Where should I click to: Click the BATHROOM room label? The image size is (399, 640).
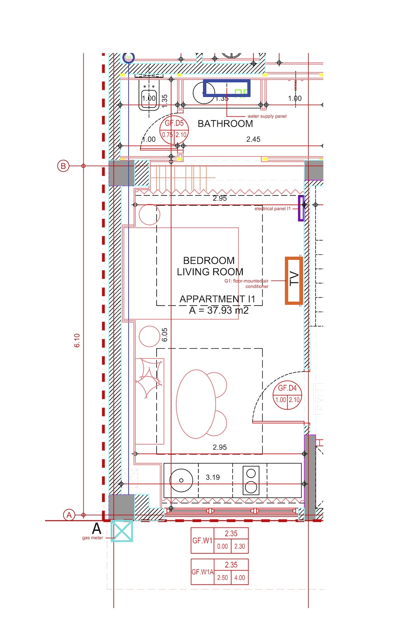pyautogui.click(x=225, y=124)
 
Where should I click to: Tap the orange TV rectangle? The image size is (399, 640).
pyautogui.click(x=294, y=281)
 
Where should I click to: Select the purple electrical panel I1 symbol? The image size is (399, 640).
pyautogui.click(x=301, y=208)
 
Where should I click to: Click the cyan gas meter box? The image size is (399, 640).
pyautogui.click(x=122, y=531)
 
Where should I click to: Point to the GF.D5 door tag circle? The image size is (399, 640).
pyautogui.click(x=174, y=130)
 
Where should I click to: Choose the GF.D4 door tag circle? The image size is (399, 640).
pyautogui.click(x=287, y=395)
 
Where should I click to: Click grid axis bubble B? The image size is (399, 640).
pyautogui.click(x=63, y=166)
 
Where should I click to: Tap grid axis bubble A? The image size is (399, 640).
pyautogui.click(x=69, y=515)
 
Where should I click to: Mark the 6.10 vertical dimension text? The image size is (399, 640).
pyautogui.click(x=77, y=341)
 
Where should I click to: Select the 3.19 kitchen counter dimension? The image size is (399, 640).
pyautogui.click(x=213, y=478)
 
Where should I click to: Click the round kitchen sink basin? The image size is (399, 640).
pyautogui.click(x=181, y=480)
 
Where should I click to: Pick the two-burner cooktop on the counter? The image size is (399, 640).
pyautogui.click(x=251, y=480)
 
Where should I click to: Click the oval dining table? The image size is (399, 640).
pyautogui.click(x=196, y=404)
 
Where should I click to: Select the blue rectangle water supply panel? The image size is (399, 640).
pyautogui.click(x=227, y=88)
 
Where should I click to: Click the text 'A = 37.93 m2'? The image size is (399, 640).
pyautogui.click(x=219, y=311)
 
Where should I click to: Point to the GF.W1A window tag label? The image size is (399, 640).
pyautogui.click(x=202, y=572)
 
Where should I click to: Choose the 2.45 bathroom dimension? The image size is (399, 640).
pyautogui.click(x=253, y=140)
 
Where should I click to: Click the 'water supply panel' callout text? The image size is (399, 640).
pyautogui.click(x=267, y=116)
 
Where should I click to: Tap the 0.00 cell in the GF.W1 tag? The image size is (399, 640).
pyautogui.click(x=222, y=547)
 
